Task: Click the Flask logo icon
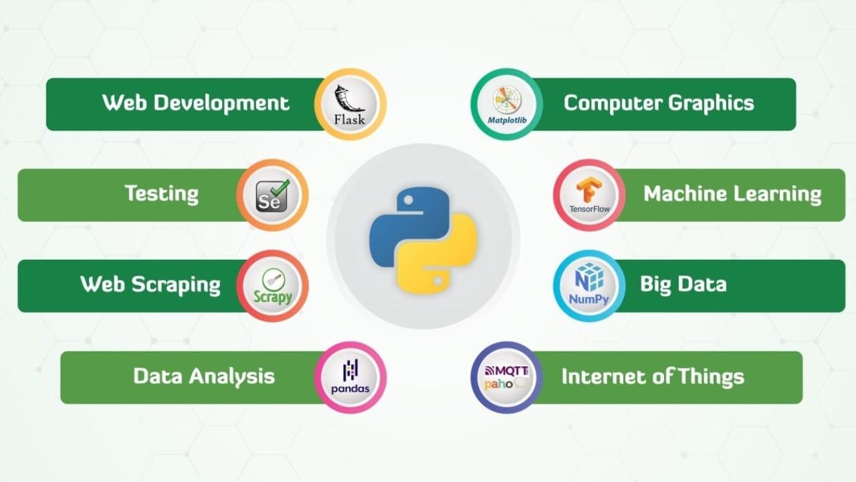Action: pyautogui.click(x=350, y=104)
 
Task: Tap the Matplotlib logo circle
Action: pyautogui.click(x=507, y=104)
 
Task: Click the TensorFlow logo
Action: pyautogui.click(x=589, y=195)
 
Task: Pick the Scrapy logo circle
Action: pyautogui.click(x=272, y=286)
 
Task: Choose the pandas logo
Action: pyautogui.click(x=350, y=377)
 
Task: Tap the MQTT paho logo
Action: pyautogui.click(x=507, y=378)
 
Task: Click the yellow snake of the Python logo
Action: pyautogui.click(x=437, y=254)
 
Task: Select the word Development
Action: pyautogui.click(x=221, y=104)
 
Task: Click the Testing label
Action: pyautogui.click(x=162, y=194)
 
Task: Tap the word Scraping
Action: pyautogui.click(x=176, y=285)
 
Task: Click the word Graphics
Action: pyautogui.click(x=711, y=104)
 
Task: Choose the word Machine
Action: pyautogui.click(x=685, y=193)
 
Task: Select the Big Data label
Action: pyautogui.click(x=683, y=285)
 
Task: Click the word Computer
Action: pyautogui.click(x=613, y=104)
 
